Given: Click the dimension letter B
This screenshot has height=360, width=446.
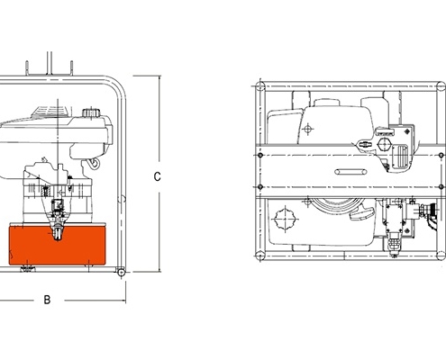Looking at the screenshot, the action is [47, 300].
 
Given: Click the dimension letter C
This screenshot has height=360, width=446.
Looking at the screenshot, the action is [157, 176].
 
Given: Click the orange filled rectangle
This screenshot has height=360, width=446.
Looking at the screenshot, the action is [57, 246].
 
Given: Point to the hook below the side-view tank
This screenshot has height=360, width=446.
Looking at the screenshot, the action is [95, 163].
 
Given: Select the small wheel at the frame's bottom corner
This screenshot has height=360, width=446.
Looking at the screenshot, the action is [121, 273].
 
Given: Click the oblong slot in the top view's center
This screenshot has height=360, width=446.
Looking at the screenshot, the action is [350, 172].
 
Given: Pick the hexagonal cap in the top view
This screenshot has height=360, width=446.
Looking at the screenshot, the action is [384, 144].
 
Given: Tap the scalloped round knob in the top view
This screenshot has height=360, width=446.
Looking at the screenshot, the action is [285, 219].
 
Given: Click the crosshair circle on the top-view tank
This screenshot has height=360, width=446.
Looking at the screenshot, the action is [307, 130].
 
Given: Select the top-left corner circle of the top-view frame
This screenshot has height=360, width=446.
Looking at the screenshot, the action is [260, 86].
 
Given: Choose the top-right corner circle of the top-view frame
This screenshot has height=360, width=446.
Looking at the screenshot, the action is [441, 86].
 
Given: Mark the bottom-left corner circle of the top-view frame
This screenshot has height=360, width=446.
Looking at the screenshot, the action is [260, 256].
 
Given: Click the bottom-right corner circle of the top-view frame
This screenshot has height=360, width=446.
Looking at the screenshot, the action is [441, 256].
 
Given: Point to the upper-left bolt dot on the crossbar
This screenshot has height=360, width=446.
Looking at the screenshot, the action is [260, 155].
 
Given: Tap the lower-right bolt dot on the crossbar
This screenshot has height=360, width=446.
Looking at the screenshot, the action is [441, 186].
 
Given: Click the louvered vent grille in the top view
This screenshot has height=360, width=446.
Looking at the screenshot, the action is [400, 157].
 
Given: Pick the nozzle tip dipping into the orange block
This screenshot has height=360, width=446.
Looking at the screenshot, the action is [58, 233].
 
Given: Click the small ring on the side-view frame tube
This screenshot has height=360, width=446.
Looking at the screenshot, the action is [122, 199].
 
